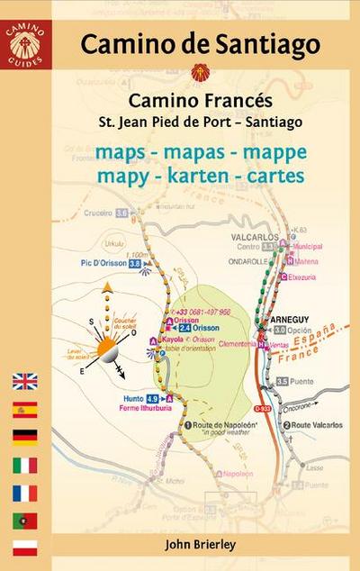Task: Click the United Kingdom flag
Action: tap(24, 381)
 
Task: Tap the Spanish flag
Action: tap(24, 410)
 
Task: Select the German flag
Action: tap(24, 438)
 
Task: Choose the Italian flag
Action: tap(24, 466)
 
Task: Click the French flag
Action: tap(24, 494)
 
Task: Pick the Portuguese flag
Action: tap(24, 521)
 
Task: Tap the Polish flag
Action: tap(24, 548)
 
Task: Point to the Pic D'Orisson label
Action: tap(94, 263)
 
